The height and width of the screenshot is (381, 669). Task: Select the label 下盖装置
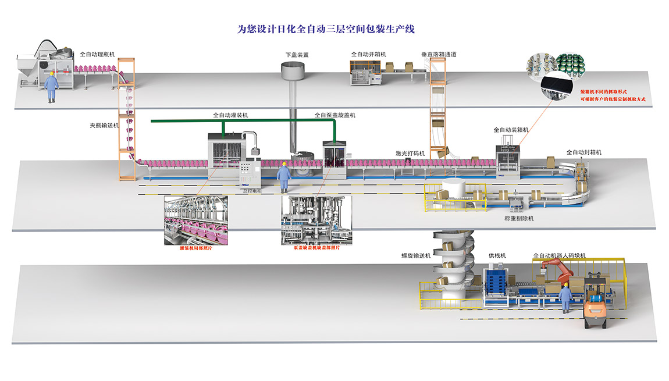(x=296, y=55)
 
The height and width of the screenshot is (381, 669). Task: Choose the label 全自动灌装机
(x=231, y=115)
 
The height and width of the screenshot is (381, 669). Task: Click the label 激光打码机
(x=410, y=154)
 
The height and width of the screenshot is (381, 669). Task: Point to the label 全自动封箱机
(x=584, y=152)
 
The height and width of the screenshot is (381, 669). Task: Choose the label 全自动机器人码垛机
(x=559, y=255)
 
